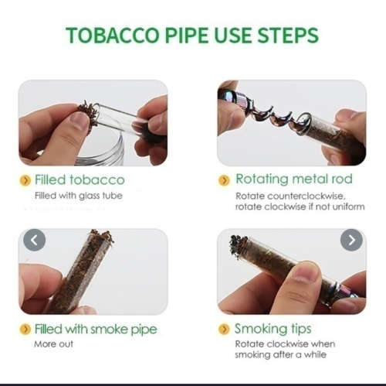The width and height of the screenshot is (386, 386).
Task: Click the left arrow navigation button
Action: pos(34,240)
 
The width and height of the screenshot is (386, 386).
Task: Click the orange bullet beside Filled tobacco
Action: pos(25,180)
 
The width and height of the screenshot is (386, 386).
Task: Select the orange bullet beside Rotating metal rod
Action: pos(224,180)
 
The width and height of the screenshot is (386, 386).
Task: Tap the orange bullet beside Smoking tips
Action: pos(224,329)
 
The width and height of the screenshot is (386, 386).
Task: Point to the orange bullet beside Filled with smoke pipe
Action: pos(25,330)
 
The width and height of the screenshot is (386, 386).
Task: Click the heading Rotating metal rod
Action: pos(293,179)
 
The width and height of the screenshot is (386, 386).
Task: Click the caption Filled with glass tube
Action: pos(78,196)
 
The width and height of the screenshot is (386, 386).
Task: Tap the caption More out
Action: pos(52,344)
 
